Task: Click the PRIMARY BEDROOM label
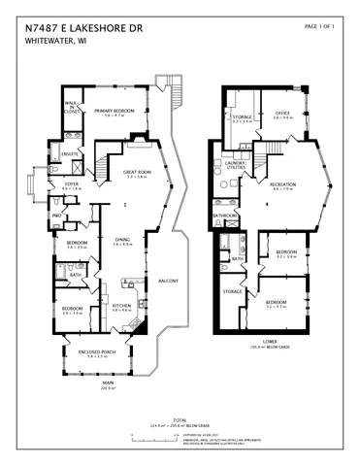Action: coord(115,112)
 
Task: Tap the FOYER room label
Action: coord(72,184)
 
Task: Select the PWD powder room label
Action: coord(57,215)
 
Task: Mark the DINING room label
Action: coord(122,240)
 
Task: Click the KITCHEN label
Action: coord(121,306)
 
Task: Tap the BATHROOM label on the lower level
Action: coord(226,216)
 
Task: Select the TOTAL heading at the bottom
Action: coord(180,420)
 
